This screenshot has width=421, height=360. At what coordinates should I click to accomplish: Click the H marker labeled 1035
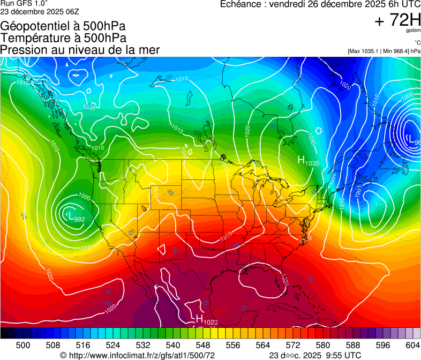[302, 159]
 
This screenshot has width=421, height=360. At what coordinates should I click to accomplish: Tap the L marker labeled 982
[70, 215]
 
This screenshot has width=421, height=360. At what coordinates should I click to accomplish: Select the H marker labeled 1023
[199, 319]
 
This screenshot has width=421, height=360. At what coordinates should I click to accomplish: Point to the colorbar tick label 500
[23, 344]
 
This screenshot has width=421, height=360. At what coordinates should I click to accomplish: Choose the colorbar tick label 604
[412, 344]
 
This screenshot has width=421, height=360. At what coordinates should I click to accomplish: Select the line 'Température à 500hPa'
[63, 38]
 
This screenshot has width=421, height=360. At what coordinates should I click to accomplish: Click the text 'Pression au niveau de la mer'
[80, 50]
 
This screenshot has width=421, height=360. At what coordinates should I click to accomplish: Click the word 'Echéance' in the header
[240, 4]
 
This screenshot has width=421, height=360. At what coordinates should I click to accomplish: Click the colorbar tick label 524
[113, 344]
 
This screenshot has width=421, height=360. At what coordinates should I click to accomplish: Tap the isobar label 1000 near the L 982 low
[84, 197]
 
